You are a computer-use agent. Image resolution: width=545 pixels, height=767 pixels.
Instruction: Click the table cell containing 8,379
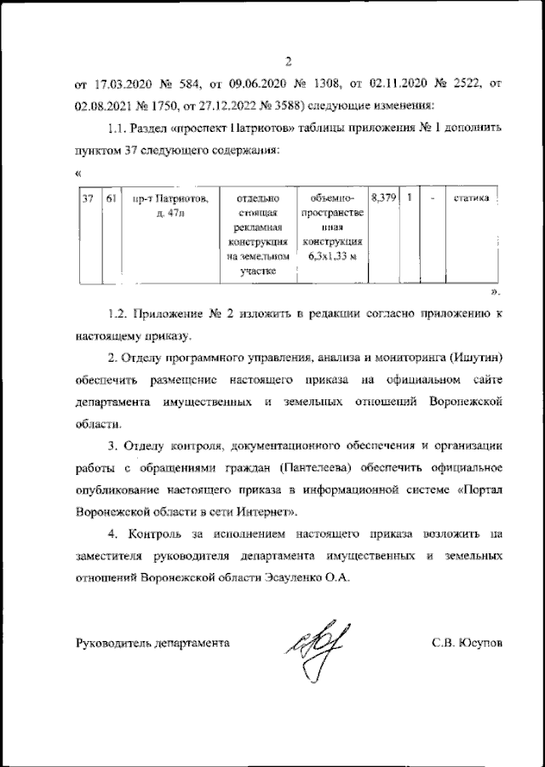point(385,198)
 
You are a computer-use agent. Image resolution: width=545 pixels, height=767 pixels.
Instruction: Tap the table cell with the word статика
point(471,198)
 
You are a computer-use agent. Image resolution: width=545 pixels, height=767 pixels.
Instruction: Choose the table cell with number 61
point(111,198)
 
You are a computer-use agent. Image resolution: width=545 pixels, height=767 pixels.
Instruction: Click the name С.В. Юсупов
point(467,644)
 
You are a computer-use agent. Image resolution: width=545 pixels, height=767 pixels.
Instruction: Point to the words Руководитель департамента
point(152,644)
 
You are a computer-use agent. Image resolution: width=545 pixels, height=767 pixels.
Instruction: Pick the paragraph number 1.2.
point(122,314)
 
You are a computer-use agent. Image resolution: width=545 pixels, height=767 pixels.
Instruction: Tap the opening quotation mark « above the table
point(78,173)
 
